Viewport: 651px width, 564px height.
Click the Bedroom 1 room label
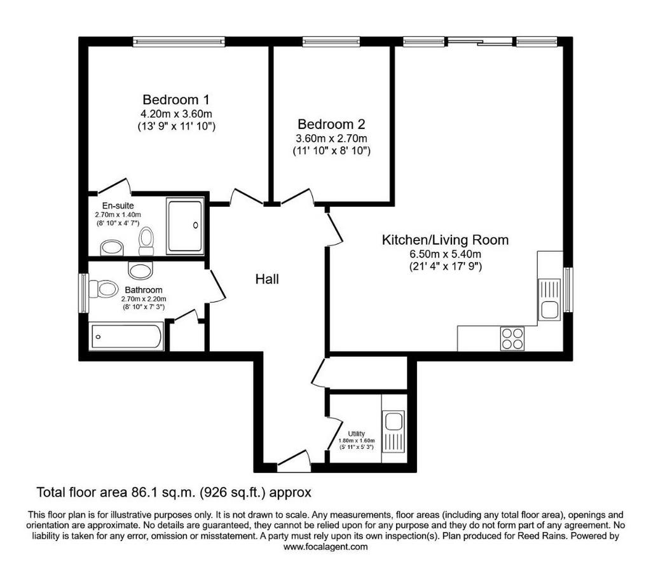pos(176,100)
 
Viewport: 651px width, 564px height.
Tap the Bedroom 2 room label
pos(331,124)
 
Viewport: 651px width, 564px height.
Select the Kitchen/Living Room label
pos(445,240)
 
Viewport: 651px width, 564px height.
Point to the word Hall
pos(267,279)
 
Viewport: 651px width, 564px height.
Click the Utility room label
pos(356,434)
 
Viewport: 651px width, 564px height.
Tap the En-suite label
pos(118,205)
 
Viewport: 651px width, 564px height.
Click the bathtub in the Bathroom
pos(127,337)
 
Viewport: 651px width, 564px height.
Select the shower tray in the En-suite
pos(185,226)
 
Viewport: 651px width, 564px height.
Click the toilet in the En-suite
pos(146,241)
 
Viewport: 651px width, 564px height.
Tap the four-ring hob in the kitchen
pos(512,338)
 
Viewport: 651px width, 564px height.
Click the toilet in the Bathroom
pos(103,289)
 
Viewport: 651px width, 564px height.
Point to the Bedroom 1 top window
pos(179,41)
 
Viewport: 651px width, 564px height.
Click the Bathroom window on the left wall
pos(84,292)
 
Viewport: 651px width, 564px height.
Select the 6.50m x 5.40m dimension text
pos(445,254)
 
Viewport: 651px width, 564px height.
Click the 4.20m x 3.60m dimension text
pos(177,113)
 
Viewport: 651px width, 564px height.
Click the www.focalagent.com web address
pos(325,547)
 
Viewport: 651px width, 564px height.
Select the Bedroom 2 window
pos(331,41)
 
